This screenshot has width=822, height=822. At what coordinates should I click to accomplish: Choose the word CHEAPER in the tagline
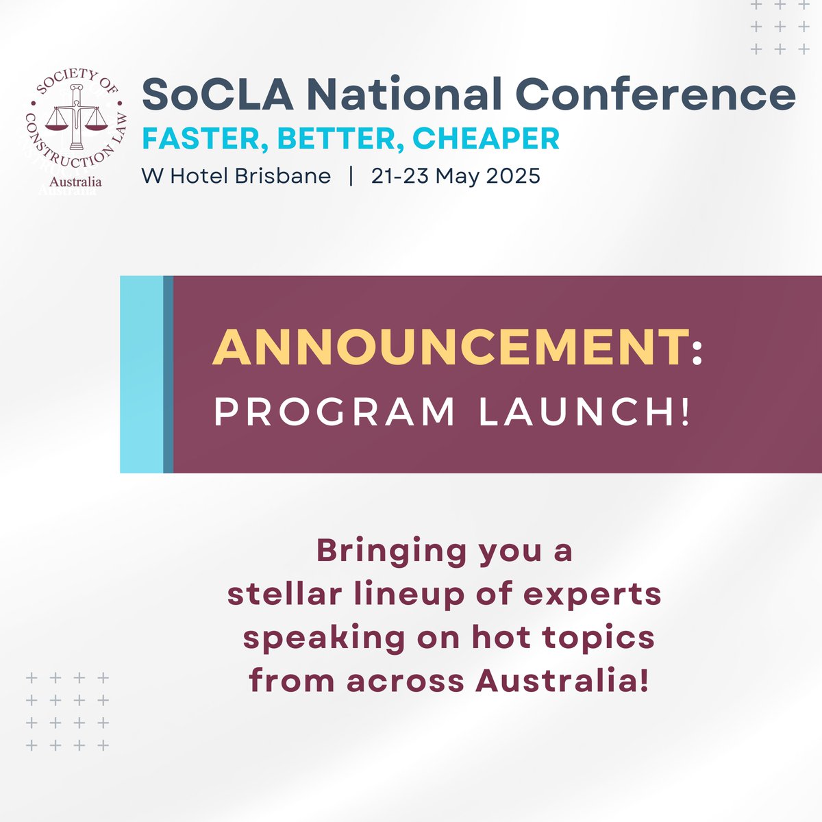(x=486, y=139)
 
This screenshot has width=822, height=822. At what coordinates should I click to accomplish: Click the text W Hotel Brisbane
(x=236, y=176)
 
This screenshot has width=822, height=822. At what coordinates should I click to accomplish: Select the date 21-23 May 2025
(x=456, y=176)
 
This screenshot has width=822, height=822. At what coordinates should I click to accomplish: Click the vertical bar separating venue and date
(x=351, y=176)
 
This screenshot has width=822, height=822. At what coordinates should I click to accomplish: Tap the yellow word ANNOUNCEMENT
(x=450, y=349)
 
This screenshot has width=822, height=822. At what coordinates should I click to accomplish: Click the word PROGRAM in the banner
(x=335, y=412)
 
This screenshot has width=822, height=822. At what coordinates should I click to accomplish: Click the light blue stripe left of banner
(x=141, y=374)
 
